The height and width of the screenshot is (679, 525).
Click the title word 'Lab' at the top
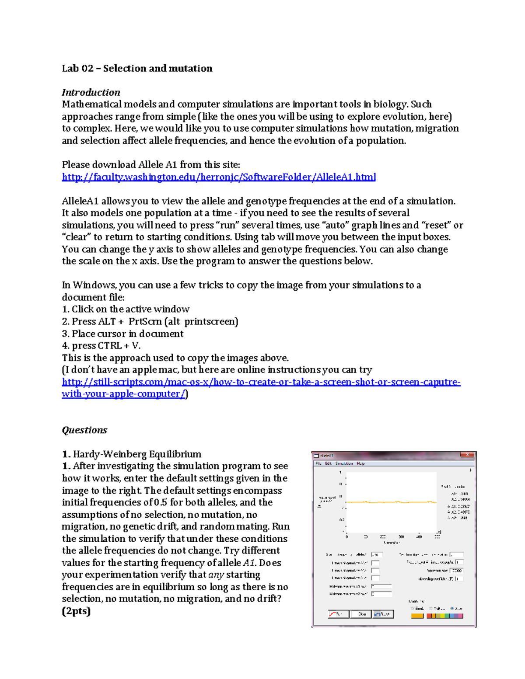[70, 68]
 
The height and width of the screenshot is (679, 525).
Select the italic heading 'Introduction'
[91, 92]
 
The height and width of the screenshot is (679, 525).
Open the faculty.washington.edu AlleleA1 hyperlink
[219, 177]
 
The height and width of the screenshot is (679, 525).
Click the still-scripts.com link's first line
[261, 382]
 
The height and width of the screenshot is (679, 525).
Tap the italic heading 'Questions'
[84, 430]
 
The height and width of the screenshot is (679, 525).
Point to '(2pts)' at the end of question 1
[76, 611]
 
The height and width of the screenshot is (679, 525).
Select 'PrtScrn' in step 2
[145, 321]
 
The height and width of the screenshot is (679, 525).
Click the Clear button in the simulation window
[361, 614]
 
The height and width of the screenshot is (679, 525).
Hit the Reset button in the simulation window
[383, 614]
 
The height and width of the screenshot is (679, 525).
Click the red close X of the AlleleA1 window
[467, 455]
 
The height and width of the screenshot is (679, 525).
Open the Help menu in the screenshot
[360, 463]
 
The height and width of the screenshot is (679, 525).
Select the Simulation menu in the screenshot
[344, 463]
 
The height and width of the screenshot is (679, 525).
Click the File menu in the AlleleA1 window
[319, 463]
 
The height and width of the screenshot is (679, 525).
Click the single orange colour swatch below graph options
[417, 616]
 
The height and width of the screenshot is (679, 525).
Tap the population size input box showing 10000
[456, 571]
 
